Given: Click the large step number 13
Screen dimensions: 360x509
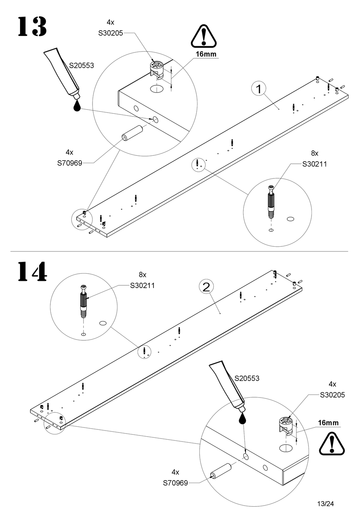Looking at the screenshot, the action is click(x=32, y=27).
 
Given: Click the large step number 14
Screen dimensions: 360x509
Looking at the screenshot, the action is click(x=32, y=271).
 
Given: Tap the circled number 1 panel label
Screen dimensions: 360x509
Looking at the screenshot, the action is click(x=259, y=89).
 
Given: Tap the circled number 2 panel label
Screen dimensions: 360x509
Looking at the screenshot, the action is click(x=206, y=287).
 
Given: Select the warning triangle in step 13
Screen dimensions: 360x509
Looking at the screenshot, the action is click(x=204, y=36).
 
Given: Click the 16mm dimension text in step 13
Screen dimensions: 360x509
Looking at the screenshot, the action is click(x=206, y=54).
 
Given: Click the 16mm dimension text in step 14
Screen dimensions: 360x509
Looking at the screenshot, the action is click(x=328, y=423).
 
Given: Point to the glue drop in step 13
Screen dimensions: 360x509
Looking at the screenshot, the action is click(x=77, y=105).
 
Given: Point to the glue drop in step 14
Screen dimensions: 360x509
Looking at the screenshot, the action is click(x=243, y=418).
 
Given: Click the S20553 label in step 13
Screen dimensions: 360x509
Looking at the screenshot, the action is click(x=81, y=66).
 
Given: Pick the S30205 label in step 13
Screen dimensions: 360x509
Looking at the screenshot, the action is click(x=110, y=33).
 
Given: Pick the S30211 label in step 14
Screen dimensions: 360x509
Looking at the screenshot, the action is click(x=142, y=286).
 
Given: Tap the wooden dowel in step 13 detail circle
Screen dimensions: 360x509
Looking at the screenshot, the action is click(x=132, y=133).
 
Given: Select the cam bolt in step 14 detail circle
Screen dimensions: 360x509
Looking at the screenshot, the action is click(x=84, y=299).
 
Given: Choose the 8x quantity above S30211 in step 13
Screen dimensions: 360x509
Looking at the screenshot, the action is click(x=315, y=153).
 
